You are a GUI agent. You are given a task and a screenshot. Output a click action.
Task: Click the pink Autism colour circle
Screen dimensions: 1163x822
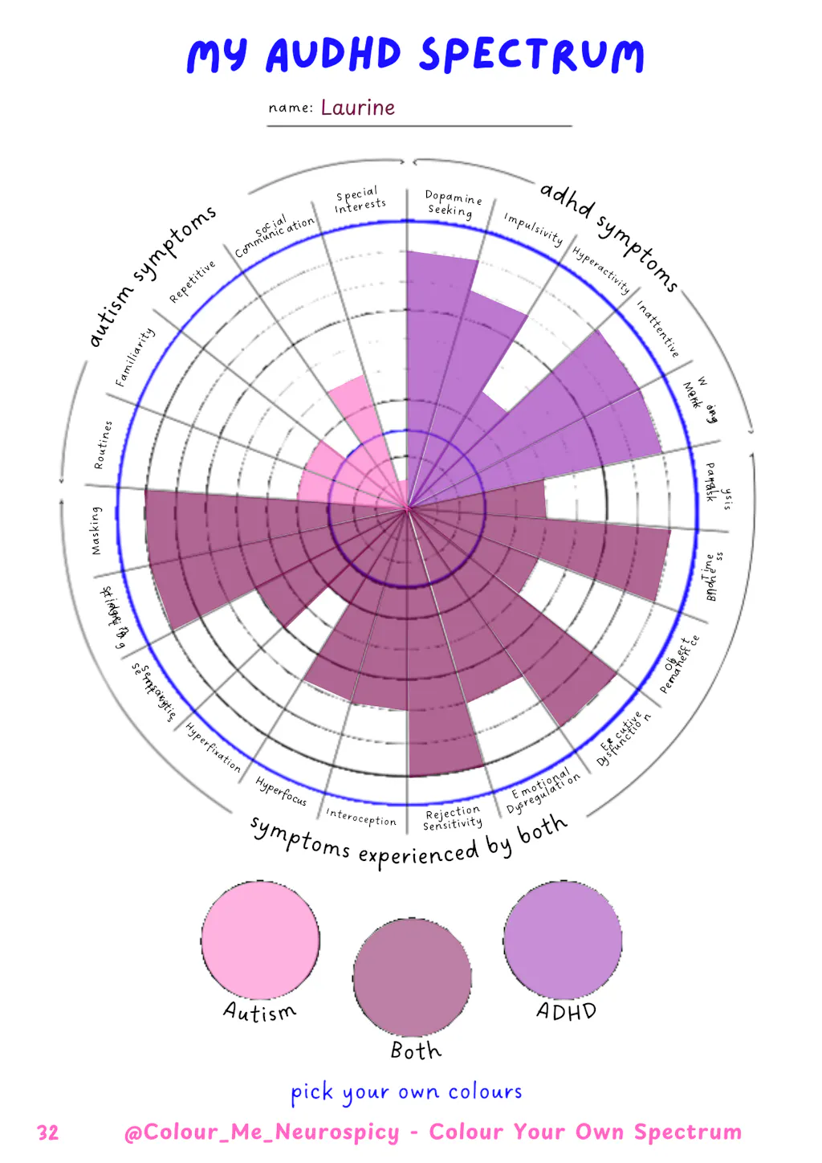[x=260, y=939]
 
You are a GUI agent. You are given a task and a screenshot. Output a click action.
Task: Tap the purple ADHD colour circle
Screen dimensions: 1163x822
[x=563, y=940]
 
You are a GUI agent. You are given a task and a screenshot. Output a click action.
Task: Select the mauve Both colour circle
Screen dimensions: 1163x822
[x=412, y=977]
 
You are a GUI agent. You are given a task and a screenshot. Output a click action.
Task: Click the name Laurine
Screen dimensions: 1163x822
[x=357, y=108]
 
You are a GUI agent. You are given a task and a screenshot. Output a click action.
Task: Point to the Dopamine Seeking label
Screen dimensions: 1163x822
[x=452, y=203]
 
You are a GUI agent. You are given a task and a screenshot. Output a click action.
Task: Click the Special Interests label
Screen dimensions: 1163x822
[x=359, y=201]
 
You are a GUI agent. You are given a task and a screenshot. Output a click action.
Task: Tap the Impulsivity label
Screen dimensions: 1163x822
[x=533, y=229]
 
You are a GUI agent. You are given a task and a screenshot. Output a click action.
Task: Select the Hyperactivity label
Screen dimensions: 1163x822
[x=601, y=271]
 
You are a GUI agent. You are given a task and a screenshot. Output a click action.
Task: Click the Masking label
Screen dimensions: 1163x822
[x=96, y=530]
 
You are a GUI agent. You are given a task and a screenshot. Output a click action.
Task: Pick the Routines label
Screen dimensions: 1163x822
[x=103, y=445]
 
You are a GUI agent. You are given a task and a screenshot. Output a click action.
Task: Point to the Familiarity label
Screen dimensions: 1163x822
[x=134, y=357]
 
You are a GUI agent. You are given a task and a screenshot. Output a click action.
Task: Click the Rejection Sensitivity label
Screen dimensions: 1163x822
[x=453, y=818]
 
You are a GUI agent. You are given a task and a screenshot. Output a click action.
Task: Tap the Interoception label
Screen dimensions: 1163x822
[x=360, y=818]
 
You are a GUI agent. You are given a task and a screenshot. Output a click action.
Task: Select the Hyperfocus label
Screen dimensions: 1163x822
[x=281, y=790]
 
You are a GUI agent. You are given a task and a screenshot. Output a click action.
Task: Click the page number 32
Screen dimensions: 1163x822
[x=48, y=1132]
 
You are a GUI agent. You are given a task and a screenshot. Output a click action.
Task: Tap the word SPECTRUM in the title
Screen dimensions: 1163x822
[x=531, y=55]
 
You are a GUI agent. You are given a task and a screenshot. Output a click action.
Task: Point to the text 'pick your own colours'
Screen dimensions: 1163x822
[x=406, y=1092]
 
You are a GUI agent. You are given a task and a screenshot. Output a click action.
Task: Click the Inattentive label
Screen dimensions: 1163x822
[x=657, y=328]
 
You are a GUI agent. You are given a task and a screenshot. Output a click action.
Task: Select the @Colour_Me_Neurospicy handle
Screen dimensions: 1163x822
[x=262, y=1132]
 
